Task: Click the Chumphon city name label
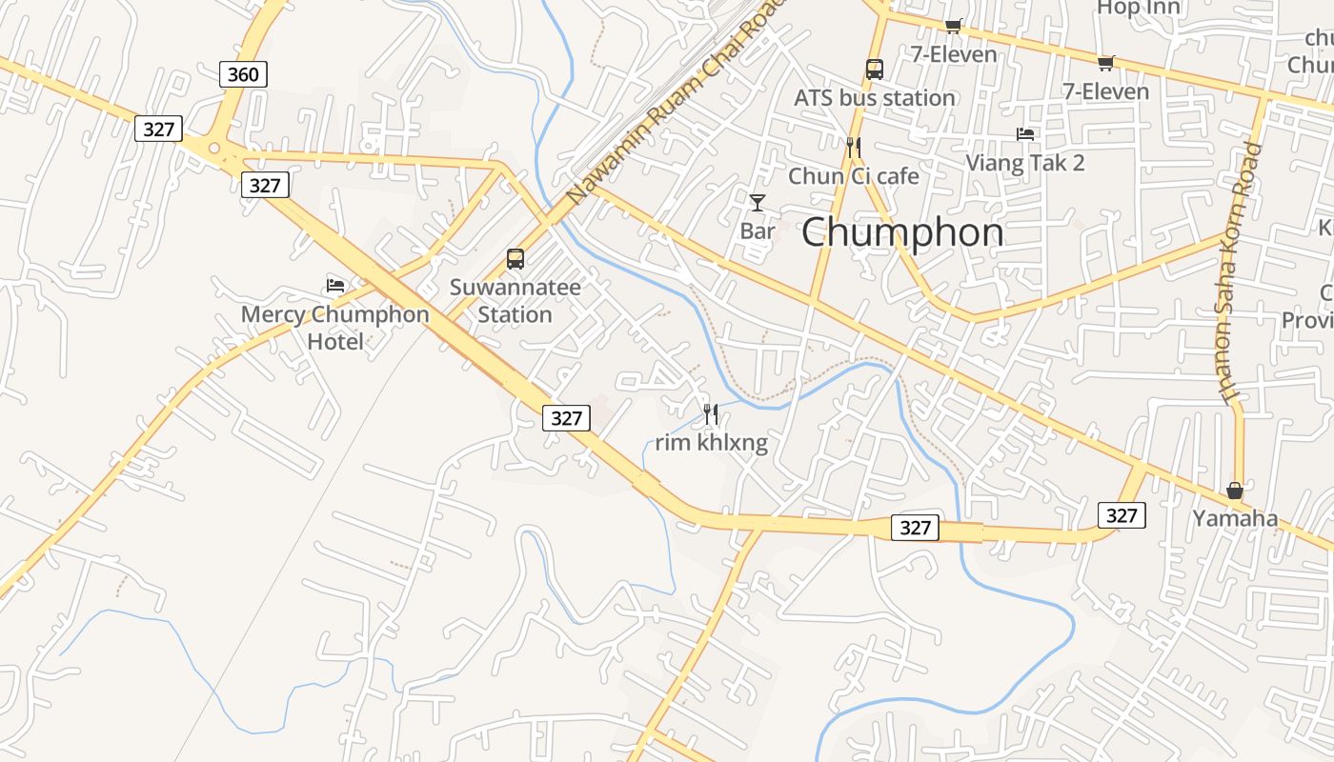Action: point(901,232)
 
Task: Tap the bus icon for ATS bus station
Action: point(875,69)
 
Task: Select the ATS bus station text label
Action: point(875,98)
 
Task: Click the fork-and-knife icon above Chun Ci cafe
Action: point(854,147)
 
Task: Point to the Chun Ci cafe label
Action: point(854,176)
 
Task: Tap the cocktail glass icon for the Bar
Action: point(758,202)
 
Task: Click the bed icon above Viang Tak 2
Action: point(1025,134)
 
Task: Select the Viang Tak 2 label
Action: point(1025,163)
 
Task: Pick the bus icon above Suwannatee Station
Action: point(515,258)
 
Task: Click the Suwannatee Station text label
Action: point(515,301)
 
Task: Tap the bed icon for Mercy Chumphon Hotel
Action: point(335,285)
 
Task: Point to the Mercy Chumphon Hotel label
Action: point(335,327)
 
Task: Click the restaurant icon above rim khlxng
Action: point(711,413)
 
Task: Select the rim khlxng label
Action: point(711,443)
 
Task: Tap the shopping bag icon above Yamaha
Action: point(1235,491)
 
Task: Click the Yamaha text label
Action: point(1235,519)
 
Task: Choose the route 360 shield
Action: point(243,74)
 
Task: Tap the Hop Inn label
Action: point(1139,9)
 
